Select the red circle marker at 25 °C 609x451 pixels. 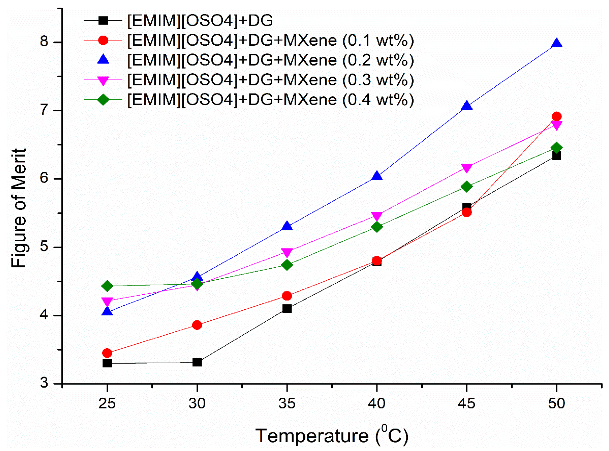click(107, 353)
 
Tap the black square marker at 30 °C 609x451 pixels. click(197, 363)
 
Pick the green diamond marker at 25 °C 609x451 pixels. click(107, 286)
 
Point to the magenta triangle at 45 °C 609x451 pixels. click(467, 168)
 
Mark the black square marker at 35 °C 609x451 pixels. click(287, 309)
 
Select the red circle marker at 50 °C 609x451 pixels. click(556, 117)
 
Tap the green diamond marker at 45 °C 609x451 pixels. click(467, 187)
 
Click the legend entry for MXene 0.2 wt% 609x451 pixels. click(270, 60)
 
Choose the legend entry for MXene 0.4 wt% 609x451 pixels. click(270, 100)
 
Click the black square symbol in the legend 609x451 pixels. click(103, 21)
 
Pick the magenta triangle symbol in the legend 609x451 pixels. click(103, 80)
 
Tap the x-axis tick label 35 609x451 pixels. click(287, 403)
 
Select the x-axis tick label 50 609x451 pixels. click(556, 403)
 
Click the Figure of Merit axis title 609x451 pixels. click(19, 208)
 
